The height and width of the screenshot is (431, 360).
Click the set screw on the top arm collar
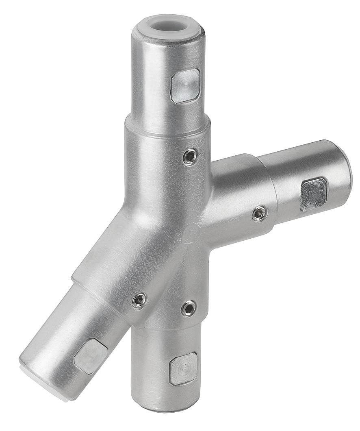190,157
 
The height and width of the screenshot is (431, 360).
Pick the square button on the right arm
313,194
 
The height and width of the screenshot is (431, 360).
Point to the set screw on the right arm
259,213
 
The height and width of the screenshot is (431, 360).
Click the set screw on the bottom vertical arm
189,308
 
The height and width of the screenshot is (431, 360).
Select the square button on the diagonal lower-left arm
91,356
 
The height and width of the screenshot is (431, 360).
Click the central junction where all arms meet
179,228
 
